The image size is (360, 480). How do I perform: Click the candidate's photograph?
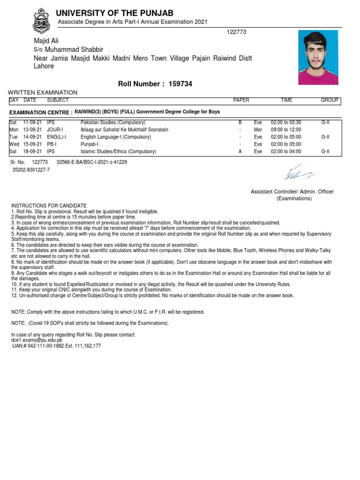click(318, 57)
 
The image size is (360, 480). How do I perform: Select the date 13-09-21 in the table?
click(32, 129)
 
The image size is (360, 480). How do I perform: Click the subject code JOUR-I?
click(55, 129)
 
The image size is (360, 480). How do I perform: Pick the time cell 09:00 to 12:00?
click(286, 129)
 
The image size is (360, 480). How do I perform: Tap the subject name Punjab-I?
click(90, 144)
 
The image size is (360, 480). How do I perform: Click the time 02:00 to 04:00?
click(286, 151)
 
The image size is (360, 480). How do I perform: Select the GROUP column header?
click(330, 100)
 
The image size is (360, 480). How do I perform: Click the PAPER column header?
click(241, 100)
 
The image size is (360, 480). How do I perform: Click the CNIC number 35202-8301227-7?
click(31, 170)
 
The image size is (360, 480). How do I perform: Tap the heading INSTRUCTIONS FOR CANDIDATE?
click(49, 206)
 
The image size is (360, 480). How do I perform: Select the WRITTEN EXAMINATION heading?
click(43, 93)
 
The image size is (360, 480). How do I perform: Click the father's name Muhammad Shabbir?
click(74, 49)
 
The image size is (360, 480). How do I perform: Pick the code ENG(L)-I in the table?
click(57, 137)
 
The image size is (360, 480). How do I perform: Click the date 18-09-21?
click(32, 151)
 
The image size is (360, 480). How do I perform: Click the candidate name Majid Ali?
click(46, 41)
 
